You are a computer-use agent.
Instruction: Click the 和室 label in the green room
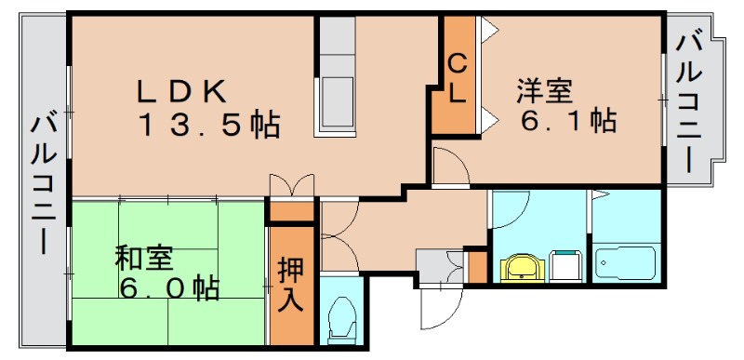click(145, 258)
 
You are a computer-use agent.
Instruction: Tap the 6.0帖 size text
click(167, 288)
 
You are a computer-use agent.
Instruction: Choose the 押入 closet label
click(290, 285)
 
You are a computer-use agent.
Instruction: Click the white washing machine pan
click(565, 266)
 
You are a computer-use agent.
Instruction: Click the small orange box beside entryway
click(476, 266)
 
